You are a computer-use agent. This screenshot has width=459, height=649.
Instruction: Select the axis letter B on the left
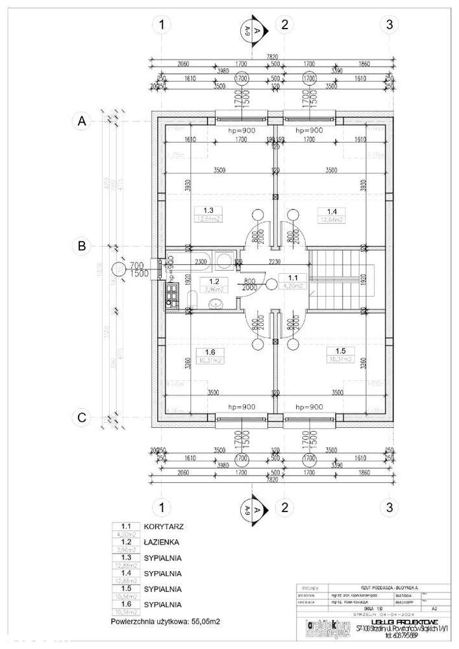[82, 246]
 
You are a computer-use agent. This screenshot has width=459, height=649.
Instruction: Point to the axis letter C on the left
[82, 418]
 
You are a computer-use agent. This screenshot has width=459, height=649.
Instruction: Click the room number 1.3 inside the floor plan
[208, 211]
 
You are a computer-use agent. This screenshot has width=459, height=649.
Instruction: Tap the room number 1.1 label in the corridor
[284, 276]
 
